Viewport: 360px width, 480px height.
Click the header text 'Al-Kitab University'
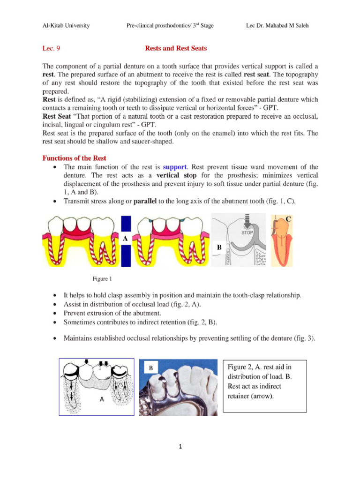click(x=66, y=25)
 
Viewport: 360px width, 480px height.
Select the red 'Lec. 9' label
click(x=51, y=48)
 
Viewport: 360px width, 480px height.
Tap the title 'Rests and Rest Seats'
click(x=176, y=48)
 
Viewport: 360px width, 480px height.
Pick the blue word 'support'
click(x=175, y=167)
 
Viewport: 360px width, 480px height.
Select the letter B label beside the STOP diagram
click(x=218, y=247)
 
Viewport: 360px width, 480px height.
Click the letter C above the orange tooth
click(x=289, y=219)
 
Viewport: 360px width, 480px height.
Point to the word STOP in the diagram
click(x=248, y=232)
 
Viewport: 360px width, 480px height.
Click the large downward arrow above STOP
click(x=249, y=220)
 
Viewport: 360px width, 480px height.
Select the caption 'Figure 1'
click(x=102, y=279)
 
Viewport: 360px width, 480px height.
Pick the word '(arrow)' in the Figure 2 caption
click(x=263, y=396)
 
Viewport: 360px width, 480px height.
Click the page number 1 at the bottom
click(x=180, y=447)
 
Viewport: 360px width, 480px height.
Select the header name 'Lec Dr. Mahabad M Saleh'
click(x=281, y=25)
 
